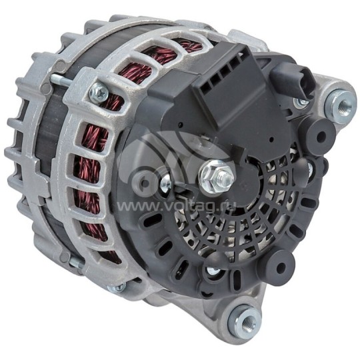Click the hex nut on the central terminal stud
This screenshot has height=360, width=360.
[x=217, y=176]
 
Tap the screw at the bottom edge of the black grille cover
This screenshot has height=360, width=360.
[x=213, y=272]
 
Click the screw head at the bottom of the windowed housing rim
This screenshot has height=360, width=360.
[x=118, y=288]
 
